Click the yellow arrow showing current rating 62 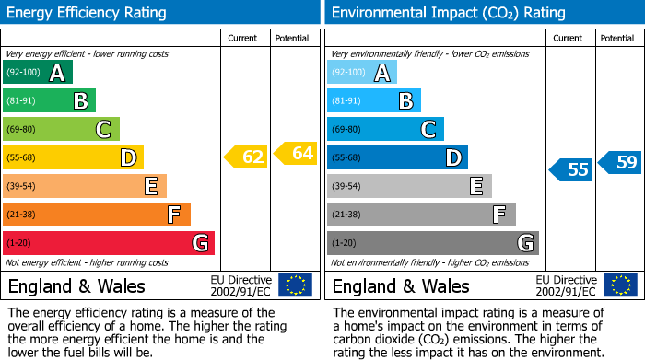coord(246,157)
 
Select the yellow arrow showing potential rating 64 coord(296,153)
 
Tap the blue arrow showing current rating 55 coord(571,169)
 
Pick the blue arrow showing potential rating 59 coord(620,163)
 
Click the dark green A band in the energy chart coord(37,73)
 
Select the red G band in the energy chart coord(108,243)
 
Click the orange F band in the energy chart coord(96,215)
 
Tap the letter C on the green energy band coord(104,130)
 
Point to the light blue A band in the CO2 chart coord(362,73)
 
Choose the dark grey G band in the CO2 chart coord(432,243)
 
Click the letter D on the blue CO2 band coord(452,158)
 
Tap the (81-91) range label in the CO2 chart coord(346,101)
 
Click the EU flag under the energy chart coord(295,285)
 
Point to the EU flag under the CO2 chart coord(619,285)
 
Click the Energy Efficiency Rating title coord(88,13)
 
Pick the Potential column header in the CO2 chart coord(617,38)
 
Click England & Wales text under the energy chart coord(73,286)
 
